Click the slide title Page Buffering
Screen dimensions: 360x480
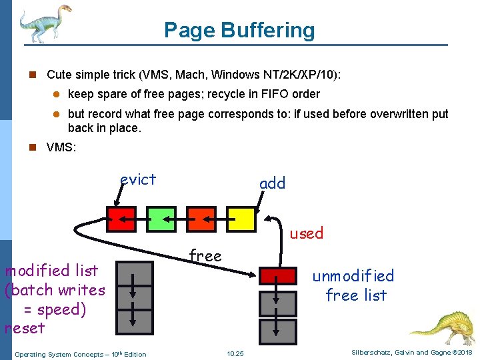pyautogui.click(x=239, y=30)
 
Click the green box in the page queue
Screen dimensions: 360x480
pyautogui.click(x=161, y=218)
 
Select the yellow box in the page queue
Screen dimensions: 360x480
pyautogui.click(x=241, y=218)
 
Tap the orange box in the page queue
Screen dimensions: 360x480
pyautogui.click(x=201, y=218)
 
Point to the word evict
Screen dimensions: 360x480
pyautogui.click(x=138, y=179)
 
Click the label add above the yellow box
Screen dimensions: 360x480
pyautogui.click(x=272, y=183)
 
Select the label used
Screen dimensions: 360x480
pyautogui.click(x=306, y=233)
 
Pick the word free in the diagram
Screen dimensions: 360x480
pyautogui.click(x=205, y=255)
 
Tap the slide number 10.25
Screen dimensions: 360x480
pyautogui.click(x=235, y=353)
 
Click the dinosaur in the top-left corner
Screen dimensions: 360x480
pyautogui.click(x=44, y=23)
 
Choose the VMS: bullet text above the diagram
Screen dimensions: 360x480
pyautogui.click(x=61, y=147)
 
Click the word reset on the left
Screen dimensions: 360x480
pyautogui.click(x=25, y=328)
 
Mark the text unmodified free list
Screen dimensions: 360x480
pyautogui.click(x=353, y=285)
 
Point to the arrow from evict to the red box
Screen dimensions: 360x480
pyautogui.click(x=121, y=195)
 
